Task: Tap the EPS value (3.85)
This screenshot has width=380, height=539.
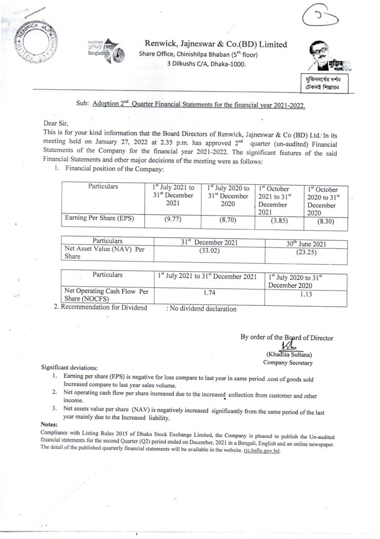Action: point(279,222)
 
